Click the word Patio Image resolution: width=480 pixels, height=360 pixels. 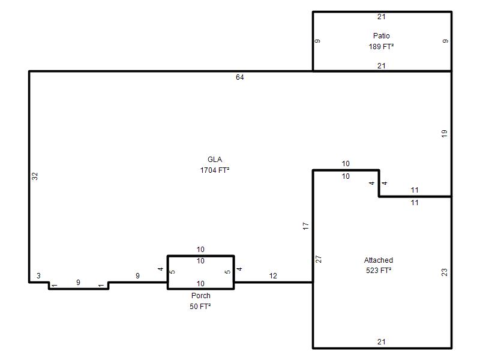pos(381,36)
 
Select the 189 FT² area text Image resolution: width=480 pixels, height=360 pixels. pos(381,47)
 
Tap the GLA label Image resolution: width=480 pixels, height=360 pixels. pos(215,160)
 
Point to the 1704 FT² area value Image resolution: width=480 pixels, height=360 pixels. pos(215,170)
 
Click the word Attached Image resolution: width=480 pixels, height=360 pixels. pos(379,260)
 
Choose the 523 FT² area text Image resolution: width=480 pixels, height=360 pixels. pos(379,271)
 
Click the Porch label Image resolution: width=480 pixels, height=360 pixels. pos(201,296)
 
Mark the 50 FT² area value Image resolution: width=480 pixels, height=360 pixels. pos(200,307)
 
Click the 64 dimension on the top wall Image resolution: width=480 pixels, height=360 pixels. pos(239,77)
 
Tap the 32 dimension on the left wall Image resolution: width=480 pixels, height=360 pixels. pos(35,176)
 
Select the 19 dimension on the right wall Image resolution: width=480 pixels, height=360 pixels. pos(444,133)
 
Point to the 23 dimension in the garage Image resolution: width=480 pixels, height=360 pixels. pos(444,272)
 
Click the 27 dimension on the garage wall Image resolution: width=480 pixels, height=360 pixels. pos(319,259)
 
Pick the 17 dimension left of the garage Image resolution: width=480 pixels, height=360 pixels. pos(305,226)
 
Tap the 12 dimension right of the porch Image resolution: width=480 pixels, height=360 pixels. pos(273,276)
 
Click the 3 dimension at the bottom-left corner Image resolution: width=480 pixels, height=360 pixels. pos(38,276)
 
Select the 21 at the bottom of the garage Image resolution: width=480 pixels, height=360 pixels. pos(382,342)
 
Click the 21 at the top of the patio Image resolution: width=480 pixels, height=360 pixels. pos(382,17)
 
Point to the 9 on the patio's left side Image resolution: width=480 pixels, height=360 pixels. pos(318,41)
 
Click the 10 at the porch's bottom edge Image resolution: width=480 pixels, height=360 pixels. pos(200,283)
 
